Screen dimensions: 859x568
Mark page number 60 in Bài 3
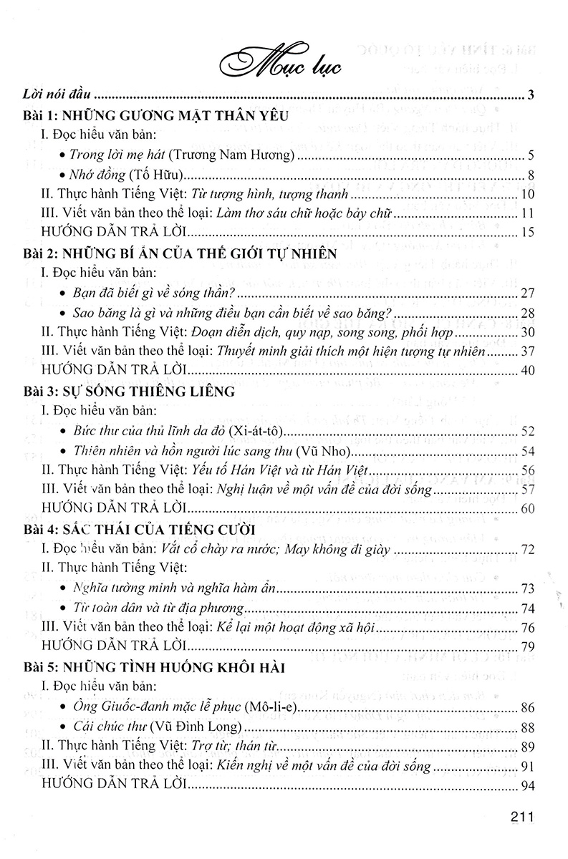click(x=526, y=509)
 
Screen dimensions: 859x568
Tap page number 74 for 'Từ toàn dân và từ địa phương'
click(x=526, y=608)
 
